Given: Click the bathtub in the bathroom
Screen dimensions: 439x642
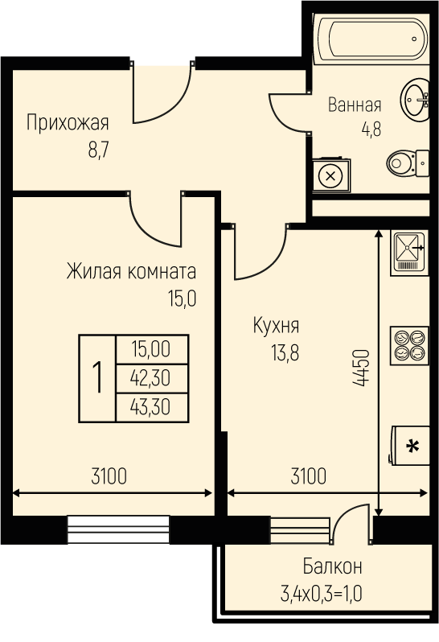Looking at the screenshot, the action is [x=371, y=39].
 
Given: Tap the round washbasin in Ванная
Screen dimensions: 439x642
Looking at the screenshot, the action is [x=415, y=100].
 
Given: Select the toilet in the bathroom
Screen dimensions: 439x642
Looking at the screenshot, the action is [x=408, y=163].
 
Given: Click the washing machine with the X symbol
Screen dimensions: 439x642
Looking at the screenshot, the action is [x=331, y=175].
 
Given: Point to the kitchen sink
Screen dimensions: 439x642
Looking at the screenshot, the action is [x=409, y=253].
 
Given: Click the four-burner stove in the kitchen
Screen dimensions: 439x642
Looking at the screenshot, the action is [x=409, y=346].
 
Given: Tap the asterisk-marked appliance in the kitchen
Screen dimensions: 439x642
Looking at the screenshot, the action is [x=409, y=446].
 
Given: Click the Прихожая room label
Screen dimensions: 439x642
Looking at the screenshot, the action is [x=68, y=123].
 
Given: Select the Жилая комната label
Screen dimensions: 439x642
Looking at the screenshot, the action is [x=131, y=271].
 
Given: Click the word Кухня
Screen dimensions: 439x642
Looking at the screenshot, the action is [x=276, y=327].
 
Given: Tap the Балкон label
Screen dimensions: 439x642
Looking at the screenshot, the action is [x=333, y=567].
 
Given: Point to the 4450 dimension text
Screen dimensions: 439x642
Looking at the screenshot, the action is [x=361, y=368].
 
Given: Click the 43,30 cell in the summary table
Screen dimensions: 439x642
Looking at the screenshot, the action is [x=150, y=407].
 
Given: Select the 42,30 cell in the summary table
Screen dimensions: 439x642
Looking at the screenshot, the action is [x=150, y=378].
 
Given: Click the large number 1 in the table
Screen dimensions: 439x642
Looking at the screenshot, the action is [x=97, y=378].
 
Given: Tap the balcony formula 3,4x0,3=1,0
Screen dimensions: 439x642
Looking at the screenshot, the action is [x=321, y=594].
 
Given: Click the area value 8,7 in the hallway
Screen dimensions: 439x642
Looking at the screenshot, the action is [x=98, y=150].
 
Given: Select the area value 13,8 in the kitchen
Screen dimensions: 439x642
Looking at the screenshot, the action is [x=285, y=352].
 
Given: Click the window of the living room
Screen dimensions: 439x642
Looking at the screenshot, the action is [x=118, y=529].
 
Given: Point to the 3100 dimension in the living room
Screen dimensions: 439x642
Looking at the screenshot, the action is [x=109, y=476].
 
